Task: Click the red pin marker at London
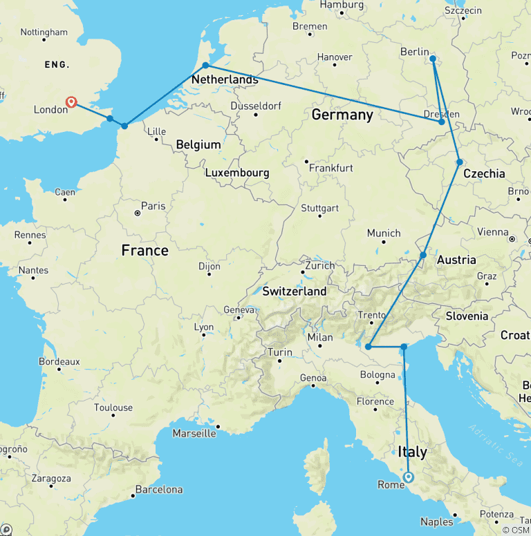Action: pos(71,103)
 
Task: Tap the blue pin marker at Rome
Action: pos(408,477)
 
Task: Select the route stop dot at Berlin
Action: pos(433,59)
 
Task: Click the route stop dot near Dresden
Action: pos(442,122)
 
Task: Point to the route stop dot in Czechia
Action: pos(460,162)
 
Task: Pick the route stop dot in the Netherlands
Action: pos(205,66)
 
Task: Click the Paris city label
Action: pos(153,206)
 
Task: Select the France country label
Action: pos(145,250)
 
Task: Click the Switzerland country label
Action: pos(294,291)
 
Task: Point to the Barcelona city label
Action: pos(159,490)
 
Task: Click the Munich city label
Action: pos(384,233)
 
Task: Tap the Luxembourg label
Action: pos(236,173)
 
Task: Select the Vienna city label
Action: pos(493,232)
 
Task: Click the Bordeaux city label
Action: pos(59,361)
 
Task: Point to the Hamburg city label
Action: pos(342,5)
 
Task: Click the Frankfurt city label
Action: pos(331,168)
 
